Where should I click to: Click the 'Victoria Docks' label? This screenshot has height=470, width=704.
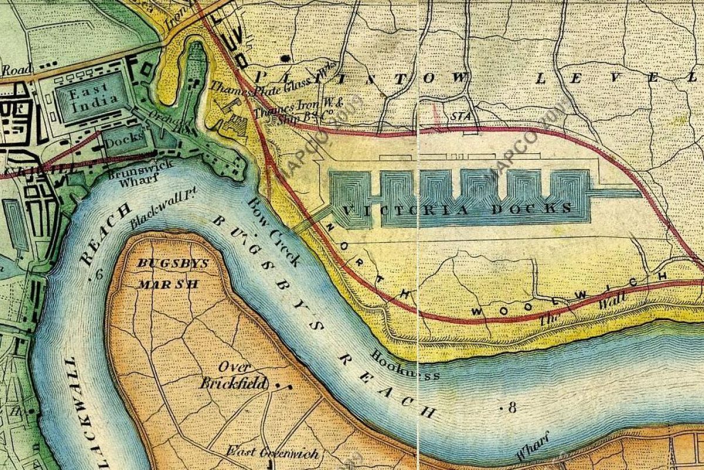455,209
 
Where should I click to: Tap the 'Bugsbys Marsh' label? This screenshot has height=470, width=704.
172,273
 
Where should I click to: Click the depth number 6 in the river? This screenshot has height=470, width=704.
99,274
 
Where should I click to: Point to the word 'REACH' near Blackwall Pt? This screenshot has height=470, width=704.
103,234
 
